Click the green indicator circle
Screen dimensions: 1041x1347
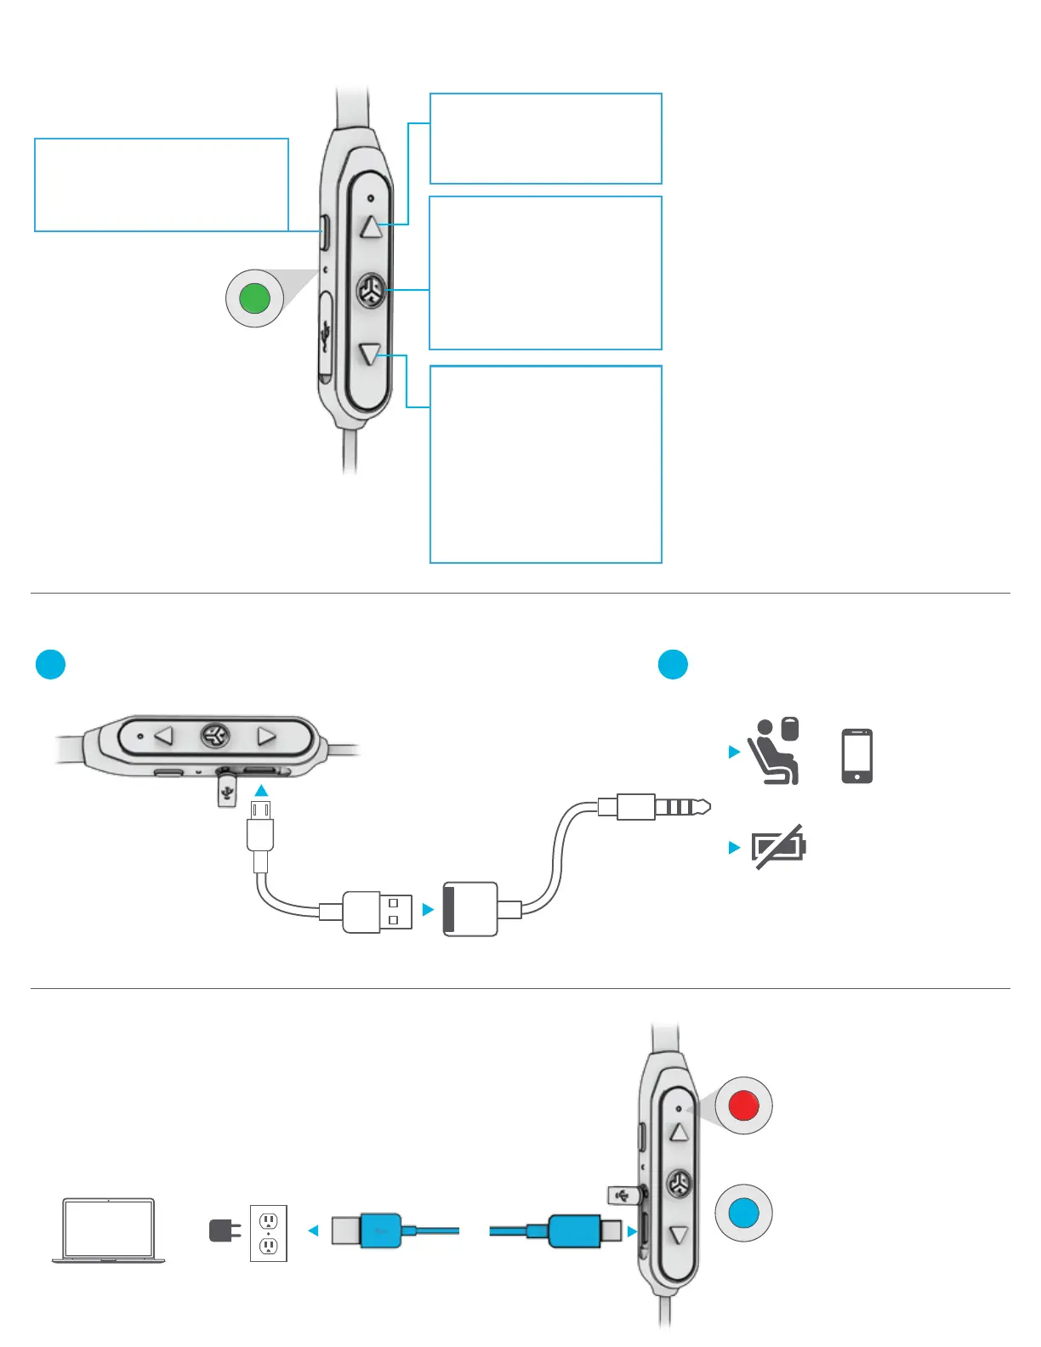[x=255, y=298]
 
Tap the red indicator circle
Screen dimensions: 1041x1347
[x=744, y=1105]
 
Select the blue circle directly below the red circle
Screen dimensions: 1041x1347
[x=744, y=1213]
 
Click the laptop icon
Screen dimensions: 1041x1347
[x=109, y=1230]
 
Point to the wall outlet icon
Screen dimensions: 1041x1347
[x=269, y=1233]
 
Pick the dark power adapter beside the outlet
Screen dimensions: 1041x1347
[x=223, y=1230]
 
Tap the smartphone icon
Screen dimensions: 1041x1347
[x=856, y=755]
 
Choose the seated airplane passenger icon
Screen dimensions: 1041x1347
[x=774, y=752]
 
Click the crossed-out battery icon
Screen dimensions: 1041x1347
[x=778, y=846]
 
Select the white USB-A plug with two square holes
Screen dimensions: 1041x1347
[x=378, y=912]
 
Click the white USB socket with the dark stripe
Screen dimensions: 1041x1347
[x=470, y=909]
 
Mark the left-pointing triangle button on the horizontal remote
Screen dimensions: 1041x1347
[x=163, y=735]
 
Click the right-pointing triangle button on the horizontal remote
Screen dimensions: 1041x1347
[x=266, y=735]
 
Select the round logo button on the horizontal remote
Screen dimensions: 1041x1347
[x=215, y=735]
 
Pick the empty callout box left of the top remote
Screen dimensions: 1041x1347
[x=162, y=185]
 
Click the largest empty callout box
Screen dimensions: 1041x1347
[x=546, y=464]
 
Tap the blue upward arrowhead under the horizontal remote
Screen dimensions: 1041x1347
[x=261, y=790]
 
